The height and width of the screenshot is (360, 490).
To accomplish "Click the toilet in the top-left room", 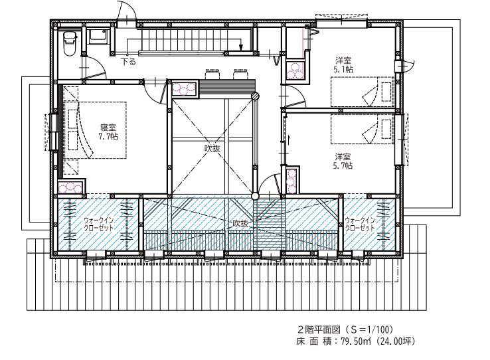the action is point(70,43).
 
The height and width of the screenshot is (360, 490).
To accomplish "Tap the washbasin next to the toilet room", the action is point(98,37).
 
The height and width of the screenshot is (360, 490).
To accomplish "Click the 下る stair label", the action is point(128,62).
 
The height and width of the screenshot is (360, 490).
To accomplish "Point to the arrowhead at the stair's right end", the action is point(240,48).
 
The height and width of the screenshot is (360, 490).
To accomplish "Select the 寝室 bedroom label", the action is point(108,127).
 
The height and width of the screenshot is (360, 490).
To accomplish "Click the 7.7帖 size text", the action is point(108,136).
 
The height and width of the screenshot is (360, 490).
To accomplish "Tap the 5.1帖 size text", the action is point(343,69).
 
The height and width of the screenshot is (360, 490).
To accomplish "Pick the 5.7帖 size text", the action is point(343,165).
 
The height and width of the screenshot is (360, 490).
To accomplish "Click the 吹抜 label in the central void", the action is point(212,148).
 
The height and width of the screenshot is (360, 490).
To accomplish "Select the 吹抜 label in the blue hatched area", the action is point(240,223).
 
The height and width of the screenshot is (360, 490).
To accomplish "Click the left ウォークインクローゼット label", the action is point(99,224).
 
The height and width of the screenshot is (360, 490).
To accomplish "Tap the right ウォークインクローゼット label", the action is point(360,224).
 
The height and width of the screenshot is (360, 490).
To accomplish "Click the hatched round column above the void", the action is point(256,96).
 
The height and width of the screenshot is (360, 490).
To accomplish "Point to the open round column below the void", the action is point(256,196).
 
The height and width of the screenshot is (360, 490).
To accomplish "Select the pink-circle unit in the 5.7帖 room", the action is point(291,181).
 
